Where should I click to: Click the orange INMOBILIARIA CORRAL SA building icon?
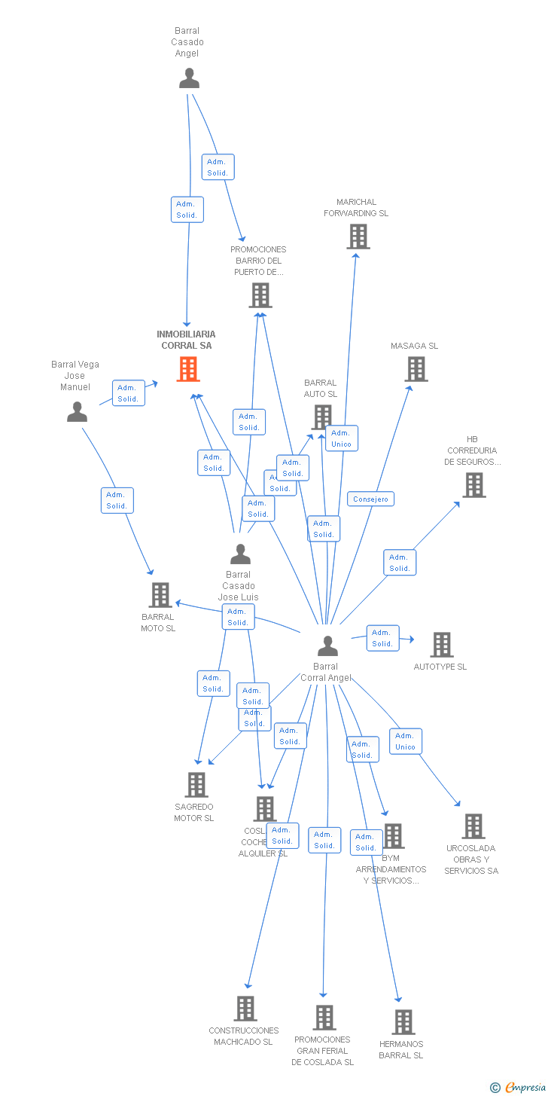(188, 369)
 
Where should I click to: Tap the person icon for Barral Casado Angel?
(189, 78)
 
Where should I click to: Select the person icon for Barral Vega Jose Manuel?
(77, 412)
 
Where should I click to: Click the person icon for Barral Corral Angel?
(327, 646)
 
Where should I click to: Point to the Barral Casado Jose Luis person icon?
(240, 554)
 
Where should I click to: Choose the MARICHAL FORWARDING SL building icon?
(358, 237)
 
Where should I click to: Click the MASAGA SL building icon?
(416, 369)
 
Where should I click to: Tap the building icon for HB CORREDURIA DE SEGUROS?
(473, 485)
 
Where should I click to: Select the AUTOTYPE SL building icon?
(442, 645)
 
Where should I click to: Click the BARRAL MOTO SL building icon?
(160, 595)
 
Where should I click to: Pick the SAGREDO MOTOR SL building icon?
(196, 785)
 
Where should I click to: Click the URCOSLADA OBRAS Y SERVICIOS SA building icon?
(473, 826)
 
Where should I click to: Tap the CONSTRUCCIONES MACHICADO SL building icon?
(245, 1009)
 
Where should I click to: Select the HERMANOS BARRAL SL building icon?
(403, 1022)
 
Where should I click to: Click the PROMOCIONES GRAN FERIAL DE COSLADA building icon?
(324, 1018)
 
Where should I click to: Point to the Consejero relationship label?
(370, 499)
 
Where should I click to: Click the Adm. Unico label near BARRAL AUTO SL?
(341, 438)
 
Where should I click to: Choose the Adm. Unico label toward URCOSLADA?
(405, 741)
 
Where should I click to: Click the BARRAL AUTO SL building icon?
(322, 417)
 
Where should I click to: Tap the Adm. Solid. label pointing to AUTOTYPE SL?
(382, 638)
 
